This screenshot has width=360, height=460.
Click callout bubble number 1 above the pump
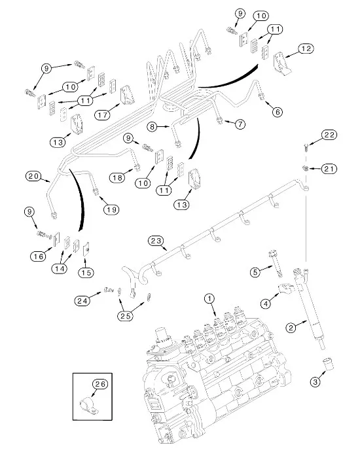(210, 298)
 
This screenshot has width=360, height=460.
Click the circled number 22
(329, 135)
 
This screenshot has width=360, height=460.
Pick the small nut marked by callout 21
(306, 169)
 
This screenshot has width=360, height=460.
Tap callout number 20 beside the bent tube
(34, 175)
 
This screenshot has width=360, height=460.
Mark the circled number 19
(111, 209)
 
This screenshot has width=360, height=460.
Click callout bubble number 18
(118, 177)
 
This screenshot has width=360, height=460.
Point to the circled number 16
(38, 257)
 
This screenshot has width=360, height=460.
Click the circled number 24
(82, 301)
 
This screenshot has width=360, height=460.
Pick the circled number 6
(278, 112)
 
